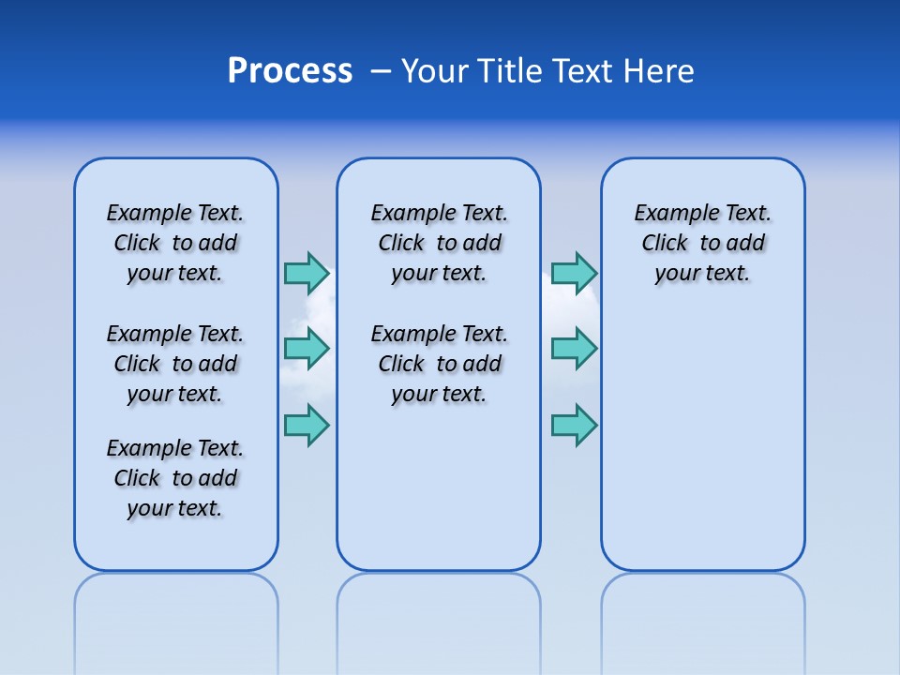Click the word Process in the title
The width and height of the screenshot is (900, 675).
click(x=290, y=71)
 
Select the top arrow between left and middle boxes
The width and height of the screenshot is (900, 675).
click(x=307, y=273)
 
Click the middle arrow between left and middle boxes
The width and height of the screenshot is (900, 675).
click(x=307, y=349)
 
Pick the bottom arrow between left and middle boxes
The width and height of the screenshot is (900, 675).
click(x=307, y=425)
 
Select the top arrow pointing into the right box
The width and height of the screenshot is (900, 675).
click(x=574, y=273)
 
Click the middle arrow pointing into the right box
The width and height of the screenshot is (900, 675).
click(x=574, y=349)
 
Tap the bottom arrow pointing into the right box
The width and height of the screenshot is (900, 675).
click(x=574, y=425)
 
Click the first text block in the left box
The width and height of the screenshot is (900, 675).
click(x=175, y=243)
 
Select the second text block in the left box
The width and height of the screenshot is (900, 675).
click(x=175, y=364)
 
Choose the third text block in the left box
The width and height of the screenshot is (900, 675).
click(x=175, y=478)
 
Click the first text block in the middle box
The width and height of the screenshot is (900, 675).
click(x=439, y=243)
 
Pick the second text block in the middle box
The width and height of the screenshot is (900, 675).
click(x=439, y=364)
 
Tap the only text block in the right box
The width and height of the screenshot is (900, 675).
click(x=702, y=243)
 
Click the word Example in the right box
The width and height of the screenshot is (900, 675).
click(x=668, y=214)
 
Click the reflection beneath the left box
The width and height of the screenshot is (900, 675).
click(x=176, y=609)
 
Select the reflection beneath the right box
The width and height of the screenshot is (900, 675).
click(x=702, y=609)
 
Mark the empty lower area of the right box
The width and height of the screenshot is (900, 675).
click(x=702, y=441)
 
